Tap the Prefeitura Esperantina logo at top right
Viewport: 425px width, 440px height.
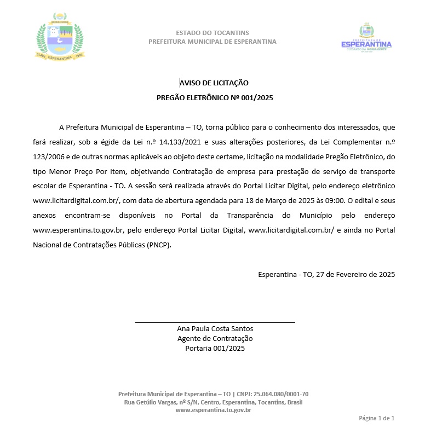pos(366,37)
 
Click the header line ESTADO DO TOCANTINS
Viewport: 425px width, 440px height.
pos(213,33)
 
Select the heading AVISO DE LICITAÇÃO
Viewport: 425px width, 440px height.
pos(214,83)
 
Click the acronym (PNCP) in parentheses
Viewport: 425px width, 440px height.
pos(159,245)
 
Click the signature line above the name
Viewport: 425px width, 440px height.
pos(215,322)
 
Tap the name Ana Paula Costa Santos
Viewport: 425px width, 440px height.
pos(215,329)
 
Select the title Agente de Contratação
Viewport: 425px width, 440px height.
pos(215,339)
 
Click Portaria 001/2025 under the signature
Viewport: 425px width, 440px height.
pos(215,348)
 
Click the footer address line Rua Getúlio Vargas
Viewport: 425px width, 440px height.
pos(213,402)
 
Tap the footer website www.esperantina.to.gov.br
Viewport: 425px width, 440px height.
pos(213,410)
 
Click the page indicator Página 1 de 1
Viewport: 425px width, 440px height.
pos(376,418)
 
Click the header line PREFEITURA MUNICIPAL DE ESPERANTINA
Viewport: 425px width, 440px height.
pos(213,42)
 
